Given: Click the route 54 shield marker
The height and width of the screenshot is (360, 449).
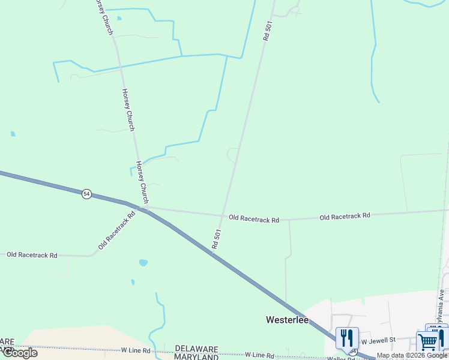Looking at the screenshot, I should point(87,194).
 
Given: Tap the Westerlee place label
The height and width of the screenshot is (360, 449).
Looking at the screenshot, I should point(287,320).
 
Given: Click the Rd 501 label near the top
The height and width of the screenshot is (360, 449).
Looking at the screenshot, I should point(267,30).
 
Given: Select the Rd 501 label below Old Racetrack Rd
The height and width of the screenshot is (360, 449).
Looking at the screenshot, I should point(217,239).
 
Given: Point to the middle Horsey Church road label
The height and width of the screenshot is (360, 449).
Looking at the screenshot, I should point(128,109).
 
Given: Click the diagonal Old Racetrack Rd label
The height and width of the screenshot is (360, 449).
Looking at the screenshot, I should point(117,229).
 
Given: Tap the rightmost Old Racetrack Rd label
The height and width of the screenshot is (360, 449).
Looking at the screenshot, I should point(345,215).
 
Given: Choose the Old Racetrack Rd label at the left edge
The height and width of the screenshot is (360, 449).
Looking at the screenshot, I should point(32,255).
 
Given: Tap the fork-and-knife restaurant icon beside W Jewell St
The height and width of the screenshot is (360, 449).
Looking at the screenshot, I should point(347,338).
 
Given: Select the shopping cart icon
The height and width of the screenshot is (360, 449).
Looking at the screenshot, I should point(427,343).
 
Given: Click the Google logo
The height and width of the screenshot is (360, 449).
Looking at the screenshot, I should point(19,353).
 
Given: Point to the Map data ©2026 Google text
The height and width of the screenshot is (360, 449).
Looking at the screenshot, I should point(412,355).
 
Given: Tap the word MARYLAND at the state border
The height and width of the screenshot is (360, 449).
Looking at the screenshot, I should point(196,356).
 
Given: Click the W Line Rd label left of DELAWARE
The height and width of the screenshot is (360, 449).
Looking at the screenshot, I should point(138,350).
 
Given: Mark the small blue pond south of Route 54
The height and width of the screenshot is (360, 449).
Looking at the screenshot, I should point(143,263).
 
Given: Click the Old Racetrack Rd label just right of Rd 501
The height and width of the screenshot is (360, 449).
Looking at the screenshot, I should point(254,220).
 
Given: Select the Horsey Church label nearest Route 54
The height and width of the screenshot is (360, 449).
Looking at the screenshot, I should point(142,182).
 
